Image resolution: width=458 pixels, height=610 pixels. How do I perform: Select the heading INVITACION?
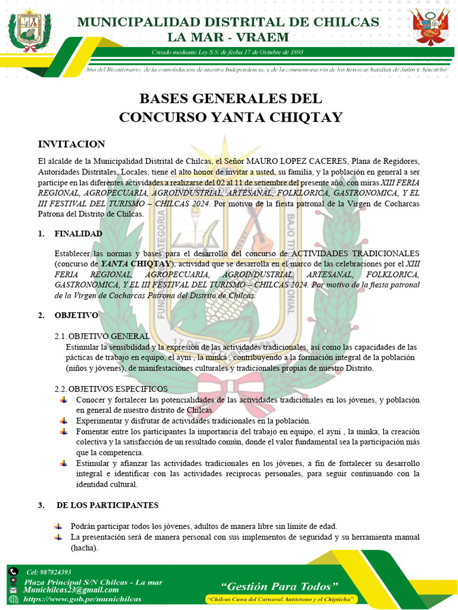pyautogui.click(x=72, y=144)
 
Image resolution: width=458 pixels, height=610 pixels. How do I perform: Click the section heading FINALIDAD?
pyautogui.click(x=78, y=234)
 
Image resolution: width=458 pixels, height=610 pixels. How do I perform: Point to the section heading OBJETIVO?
pyautogui.click(x=76, y=315)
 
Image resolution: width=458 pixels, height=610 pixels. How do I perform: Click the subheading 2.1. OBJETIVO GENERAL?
pyautogui.click(x=102, y=336)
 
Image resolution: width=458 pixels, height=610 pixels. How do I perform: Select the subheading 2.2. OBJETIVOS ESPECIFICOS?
pyautogui.click(x=111, y=389)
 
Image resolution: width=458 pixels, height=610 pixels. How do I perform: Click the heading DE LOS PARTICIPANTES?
pyautogui.click(x=107, y=505)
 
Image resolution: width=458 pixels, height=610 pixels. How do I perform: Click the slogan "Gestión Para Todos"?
pyautogui.click(x=280, y=585)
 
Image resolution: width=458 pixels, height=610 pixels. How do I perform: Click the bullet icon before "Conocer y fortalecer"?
pyautogui.click(x=63, y=400)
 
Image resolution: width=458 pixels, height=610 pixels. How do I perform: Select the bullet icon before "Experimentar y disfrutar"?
pyautogui.click(x=63, y=421)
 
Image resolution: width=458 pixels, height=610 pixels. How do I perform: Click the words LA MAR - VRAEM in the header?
pyautogui.click(x=228, y=37)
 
